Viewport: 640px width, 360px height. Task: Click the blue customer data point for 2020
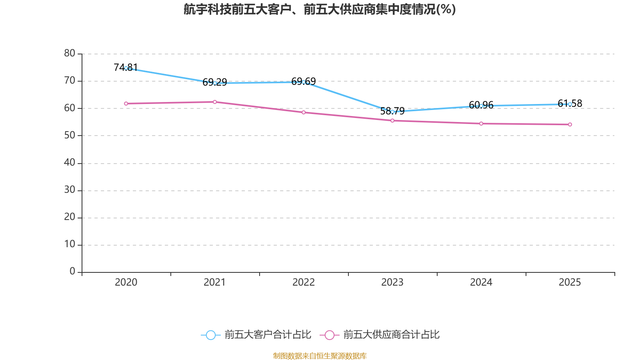click(x=126, y=68)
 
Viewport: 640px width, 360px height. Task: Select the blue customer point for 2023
click(x=392, y=112)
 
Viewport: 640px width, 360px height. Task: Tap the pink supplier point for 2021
click(x=215, y=102)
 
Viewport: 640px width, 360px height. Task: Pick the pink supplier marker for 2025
click(x=570, y=124)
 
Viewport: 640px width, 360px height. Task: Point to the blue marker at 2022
click(x=304, y=82)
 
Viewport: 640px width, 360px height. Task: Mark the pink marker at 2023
click(x=392, y=120)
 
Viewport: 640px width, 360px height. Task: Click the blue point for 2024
click(x=481, y=106)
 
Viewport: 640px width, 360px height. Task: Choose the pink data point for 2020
click(x=126, y=104)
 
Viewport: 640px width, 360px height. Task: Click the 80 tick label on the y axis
click(x=70, y=53)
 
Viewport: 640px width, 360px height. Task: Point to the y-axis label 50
click(x=70, y=135)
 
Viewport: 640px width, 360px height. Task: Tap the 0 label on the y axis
click(x=72, y=272)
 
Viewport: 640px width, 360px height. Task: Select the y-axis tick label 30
click(x=70, y=190)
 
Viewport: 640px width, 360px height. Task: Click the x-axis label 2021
click(x=215, y=282)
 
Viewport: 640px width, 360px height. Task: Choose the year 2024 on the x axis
click(x=481, y=282)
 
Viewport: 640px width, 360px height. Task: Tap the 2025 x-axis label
click(x=570, y=282)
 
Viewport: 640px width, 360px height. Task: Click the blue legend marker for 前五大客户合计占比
click(x=210, y=335)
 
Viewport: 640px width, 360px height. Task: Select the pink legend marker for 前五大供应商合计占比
click(x=329, y=335)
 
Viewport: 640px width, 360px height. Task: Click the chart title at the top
click(x=320, y=9)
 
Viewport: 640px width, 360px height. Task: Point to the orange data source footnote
click(x=320, y=356)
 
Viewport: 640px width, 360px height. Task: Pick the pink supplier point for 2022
click(x=304, y=112)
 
